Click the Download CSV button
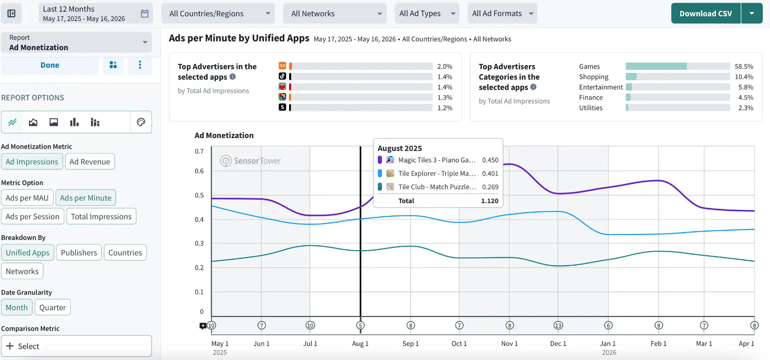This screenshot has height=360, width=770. [706, 14]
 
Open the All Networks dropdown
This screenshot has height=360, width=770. [335, 14]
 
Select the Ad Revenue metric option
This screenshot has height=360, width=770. [90, 162]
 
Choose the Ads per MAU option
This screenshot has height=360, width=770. [27, 198]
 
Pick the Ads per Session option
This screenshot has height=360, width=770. [33, 217]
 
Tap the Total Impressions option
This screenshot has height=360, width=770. [101, 217]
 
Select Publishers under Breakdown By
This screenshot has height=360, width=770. [79, 253]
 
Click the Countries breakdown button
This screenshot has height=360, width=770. [125, 253]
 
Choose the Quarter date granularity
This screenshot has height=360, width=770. [53, 308]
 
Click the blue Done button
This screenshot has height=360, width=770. [50, 65]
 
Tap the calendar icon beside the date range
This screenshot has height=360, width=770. [145, 14]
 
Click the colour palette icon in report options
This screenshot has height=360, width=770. [141, 122]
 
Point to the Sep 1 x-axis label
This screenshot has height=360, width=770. [411, 343]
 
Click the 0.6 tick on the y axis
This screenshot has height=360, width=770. [199, 171]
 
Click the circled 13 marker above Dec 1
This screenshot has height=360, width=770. [558, 325]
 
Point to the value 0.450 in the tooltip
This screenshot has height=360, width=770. [490, 160]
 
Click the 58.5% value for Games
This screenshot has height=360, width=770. [744, 67]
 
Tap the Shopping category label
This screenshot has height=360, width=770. [594, 77]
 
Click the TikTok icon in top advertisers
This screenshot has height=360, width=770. [282, 76]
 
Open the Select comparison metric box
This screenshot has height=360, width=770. [76, 346]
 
